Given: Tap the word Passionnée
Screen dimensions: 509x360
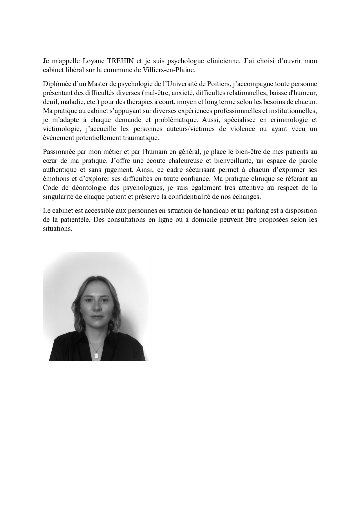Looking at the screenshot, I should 59,152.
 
